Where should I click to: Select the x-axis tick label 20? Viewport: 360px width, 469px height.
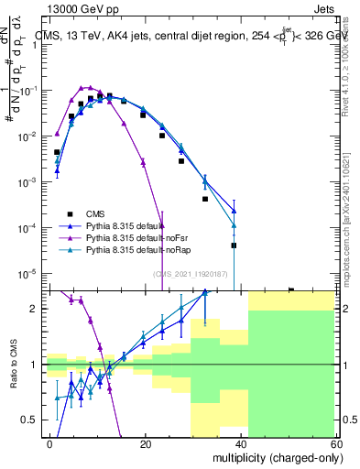pos(146,443)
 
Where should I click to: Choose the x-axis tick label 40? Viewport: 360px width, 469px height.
pos(241,443)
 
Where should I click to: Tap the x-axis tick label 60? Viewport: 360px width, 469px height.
pos(336,443)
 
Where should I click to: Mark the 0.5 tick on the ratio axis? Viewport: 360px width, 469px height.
pos(32,420)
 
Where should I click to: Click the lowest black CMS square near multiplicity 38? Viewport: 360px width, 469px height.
pos(234,245)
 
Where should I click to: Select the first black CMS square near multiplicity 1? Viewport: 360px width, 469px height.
pos(57,152)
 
